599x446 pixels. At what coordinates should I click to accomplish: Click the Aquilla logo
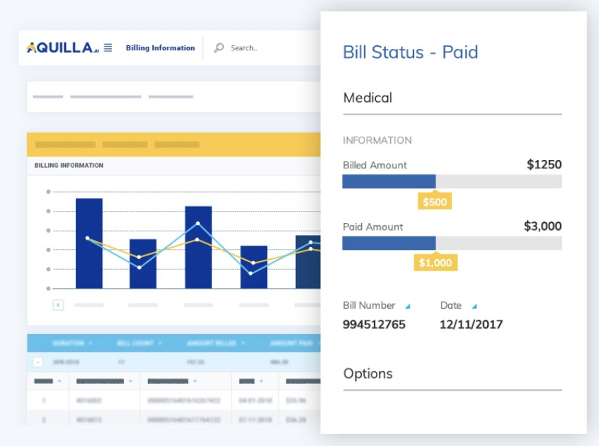(x=62, y=48)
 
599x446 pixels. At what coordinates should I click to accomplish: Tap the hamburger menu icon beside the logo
(x=108, y=48)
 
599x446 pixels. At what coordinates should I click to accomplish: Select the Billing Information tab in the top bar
(x=160, y=48)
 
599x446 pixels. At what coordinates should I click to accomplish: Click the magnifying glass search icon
(x=219, y=48)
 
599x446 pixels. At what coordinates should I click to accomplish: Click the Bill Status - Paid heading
(x=410, y=52)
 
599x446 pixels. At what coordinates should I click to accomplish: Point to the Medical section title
(x=367, y=98)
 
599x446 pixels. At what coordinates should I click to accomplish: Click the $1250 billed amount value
(x=544, y=165)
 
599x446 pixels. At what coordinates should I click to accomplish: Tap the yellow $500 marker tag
(x=434, y=202)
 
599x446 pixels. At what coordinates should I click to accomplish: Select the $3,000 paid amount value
(x=542, y=227)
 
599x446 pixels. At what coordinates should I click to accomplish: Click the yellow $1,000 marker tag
(x=435, y=263)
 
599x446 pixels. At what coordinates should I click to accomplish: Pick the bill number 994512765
(x=375, y=325)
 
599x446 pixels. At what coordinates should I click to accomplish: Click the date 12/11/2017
(x=471, y=325)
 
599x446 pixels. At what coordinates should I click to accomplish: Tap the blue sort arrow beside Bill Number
(x=407, y=307)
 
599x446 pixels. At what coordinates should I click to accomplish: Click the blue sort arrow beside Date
(x=474, y=307)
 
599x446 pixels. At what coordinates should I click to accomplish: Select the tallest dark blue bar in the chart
(x=89, y=243)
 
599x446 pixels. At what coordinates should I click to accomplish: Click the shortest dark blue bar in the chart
(x=254, y=267)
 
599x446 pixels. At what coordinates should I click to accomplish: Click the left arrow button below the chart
(x=59, y=305)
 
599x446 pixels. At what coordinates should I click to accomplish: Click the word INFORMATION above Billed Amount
(x=377, y=140)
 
